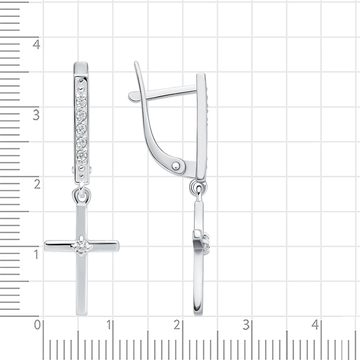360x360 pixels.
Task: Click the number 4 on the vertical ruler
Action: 36,44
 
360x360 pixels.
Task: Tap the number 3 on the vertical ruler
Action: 36,115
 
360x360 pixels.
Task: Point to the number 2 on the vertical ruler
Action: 37,184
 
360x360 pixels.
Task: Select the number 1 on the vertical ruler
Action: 36,255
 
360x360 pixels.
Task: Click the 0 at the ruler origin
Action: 37,325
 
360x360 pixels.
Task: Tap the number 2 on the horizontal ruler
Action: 176,325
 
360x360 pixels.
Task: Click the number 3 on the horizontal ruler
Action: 246,325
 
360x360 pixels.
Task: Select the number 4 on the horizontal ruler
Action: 315,325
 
